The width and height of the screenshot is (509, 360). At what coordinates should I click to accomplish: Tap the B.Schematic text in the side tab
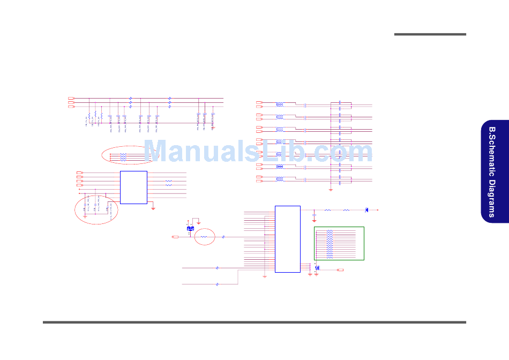[491, 149]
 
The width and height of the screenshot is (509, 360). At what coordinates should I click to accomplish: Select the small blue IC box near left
[133, 187]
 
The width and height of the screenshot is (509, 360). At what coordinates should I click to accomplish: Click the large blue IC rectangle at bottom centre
[288, 239]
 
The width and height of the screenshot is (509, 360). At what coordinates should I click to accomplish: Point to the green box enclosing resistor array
[339, 243]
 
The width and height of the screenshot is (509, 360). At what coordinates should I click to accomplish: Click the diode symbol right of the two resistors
[366, 209]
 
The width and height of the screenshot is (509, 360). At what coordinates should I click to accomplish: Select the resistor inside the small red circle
[204, 236]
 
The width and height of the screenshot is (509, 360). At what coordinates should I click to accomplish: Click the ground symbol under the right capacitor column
[331, 190]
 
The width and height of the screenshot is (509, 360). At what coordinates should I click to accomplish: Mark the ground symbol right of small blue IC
[153, 208]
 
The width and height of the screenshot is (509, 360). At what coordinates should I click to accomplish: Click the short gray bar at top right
[430, 35]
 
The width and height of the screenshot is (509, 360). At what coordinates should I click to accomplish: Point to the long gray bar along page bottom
[254, 322]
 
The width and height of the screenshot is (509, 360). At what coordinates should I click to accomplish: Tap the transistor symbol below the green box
[317, 268]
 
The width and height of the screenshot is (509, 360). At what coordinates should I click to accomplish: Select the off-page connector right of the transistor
[340, 270]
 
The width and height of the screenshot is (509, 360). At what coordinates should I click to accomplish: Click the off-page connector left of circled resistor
[175, 236]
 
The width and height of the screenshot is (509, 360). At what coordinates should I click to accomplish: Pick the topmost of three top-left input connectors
[71, 98]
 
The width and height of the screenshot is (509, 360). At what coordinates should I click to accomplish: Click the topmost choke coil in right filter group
[280, 104]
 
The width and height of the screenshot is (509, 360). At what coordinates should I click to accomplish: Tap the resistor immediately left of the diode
[346, 209]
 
